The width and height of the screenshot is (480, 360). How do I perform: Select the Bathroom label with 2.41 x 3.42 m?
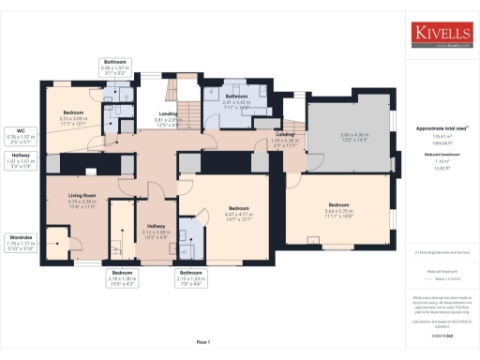pyautogui.click(x=236, y=96)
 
